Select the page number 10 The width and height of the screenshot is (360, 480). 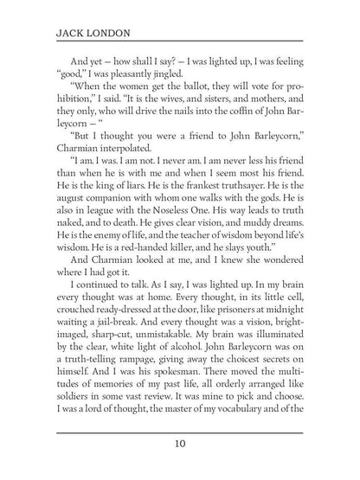[x=179, y=445]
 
